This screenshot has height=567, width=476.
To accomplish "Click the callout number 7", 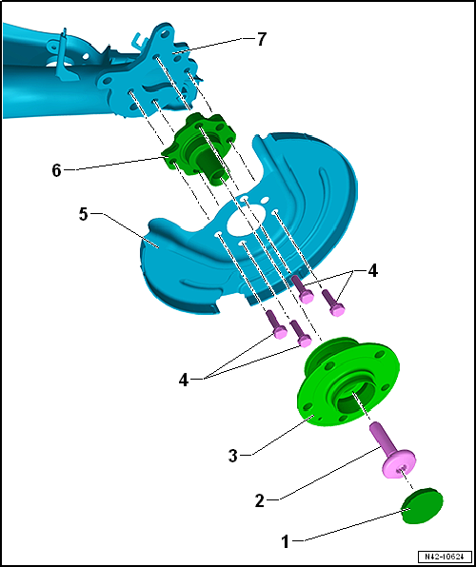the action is tap(262, 39).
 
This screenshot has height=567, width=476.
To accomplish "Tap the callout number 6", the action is tap(56, 170).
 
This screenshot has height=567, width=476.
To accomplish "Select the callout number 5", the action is tap(84, 215).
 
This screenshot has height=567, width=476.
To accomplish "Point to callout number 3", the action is tap(233, 456).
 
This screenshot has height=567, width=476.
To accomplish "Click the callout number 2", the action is tap(260, 501).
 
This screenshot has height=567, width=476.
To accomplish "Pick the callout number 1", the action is tap(286, 542).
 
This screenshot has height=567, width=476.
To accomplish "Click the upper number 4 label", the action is tap(372, 270).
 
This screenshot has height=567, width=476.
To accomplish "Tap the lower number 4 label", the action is tap(184, 380).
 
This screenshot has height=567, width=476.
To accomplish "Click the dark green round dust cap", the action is tap(422, 505).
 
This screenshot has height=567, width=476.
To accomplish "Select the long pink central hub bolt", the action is tap(391, 449).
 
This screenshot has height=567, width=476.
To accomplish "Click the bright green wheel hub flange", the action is tap(347, 381).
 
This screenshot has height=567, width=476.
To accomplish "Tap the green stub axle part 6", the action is tap(199, 148).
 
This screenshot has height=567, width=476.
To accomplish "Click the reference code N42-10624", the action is tap(445, 556).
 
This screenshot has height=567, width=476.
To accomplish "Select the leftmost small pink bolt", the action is tap(276, 324).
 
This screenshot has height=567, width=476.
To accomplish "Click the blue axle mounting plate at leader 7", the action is tap(152, 72).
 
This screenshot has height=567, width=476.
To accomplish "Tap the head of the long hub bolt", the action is tap(399, 464).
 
